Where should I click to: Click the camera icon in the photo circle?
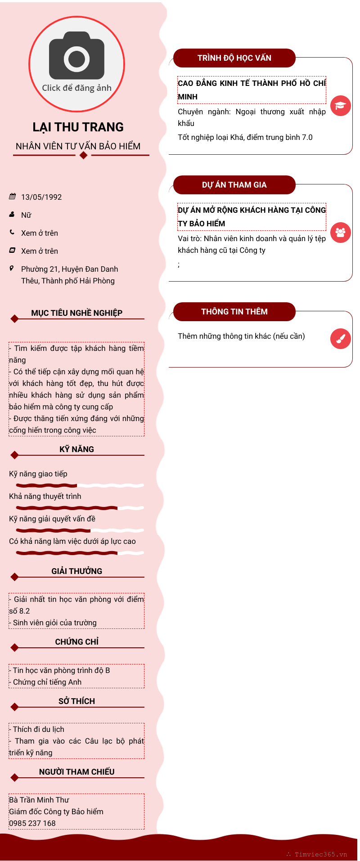76,56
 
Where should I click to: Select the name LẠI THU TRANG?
78,127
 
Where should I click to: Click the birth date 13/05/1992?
41,197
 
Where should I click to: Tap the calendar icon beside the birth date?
12,197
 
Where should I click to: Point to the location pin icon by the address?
12,269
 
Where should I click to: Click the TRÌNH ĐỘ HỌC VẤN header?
234,58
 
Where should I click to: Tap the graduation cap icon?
340,106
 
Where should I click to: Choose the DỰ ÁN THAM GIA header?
234,185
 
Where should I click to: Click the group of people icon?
340,233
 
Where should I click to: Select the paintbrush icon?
340,339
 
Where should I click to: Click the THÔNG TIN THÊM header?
234,312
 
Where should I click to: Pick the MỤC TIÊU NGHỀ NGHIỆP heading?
76,313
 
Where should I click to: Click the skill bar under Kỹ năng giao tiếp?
80,485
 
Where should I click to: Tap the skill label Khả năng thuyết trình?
45,496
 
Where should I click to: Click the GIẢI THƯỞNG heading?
76,571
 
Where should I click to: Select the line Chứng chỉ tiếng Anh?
47,682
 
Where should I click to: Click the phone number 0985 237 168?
32,823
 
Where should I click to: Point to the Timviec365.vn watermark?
320,854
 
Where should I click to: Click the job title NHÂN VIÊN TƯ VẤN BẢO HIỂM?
78,146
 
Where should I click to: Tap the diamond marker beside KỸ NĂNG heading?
14,455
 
